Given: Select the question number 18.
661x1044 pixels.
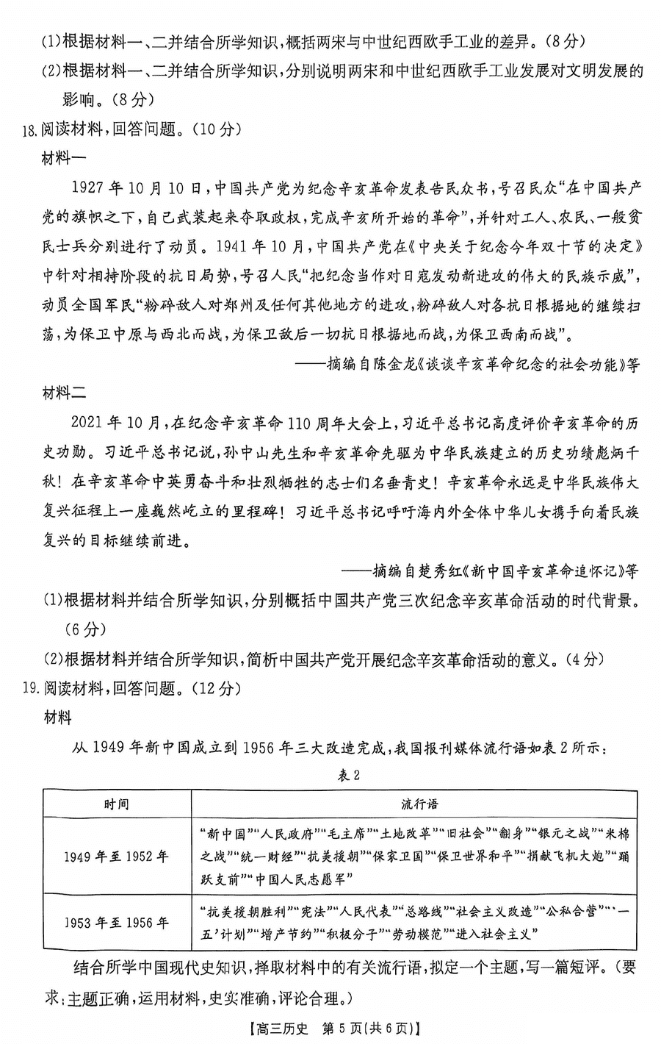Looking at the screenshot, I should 29,129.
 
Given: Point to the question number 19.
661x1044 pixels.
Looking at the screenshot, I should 29,688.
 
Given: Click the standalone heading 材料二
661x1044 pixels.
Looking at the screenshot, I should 65,393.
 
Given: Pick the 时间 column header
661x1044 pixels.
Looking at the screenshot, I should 116,804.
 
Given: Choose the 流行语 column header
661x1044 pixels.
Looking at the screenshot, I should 419,804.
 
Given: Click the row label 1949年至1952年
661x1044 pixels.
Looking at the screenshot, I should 116,857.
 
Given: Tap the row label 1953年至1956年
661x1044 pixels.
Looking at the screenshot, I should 116,922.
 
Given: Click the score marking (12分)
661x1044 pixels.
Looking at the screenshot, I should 214,688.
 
